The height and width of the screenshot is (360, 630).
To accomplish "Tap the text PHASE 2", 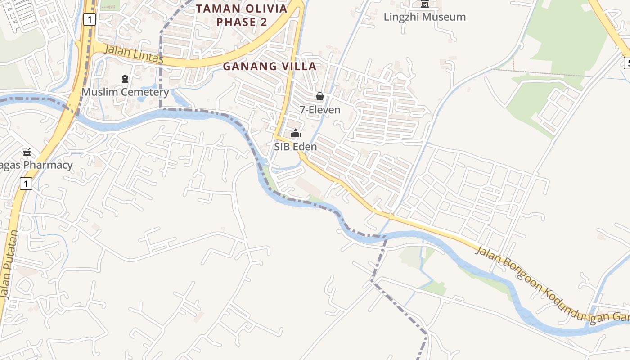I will coord(242,22).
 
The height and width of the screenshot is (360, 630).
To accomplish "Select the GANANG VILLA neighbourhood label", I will coord(270,66).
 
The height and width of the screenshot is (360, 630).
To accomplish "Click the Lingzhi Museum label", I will coord(424,17).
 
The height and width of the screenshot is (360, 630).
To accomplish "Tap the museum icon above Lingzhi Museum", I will coord(424,4).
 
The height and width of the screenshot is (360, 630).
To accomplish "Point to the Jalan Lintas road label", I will coord(134,54).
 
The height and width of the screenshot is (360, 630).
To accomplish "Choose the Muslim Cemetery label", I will coord(125,92).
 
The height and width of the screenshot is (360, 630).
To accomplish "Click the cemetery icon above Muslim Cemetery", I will coord(125,79).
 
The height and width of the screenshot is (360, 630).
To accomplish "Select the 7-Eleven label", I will coord(320,110).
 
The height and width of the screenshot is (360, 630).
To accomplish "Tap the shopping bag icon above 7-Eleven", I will coord(320,96).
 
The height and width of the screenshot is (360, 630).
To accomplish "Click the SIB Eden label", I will coord(296,147).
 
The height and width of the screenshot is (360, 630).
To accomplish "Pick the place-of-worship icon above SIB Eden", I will coord(296,133).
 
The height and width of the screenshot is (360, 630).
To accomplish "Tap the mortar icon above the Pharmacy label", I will coord(27,152).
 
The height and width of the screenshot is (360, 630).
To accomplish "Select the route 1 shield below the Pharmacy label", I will coord(26,184).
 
